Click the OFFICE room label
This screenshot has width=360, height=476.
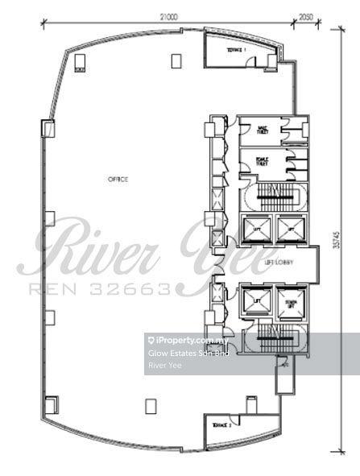118,179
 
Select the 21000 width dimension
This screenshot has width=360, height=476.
168,15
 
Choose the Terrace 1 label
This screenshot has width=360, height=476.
237,50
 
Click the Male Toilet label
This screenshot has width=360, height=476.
261,130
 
